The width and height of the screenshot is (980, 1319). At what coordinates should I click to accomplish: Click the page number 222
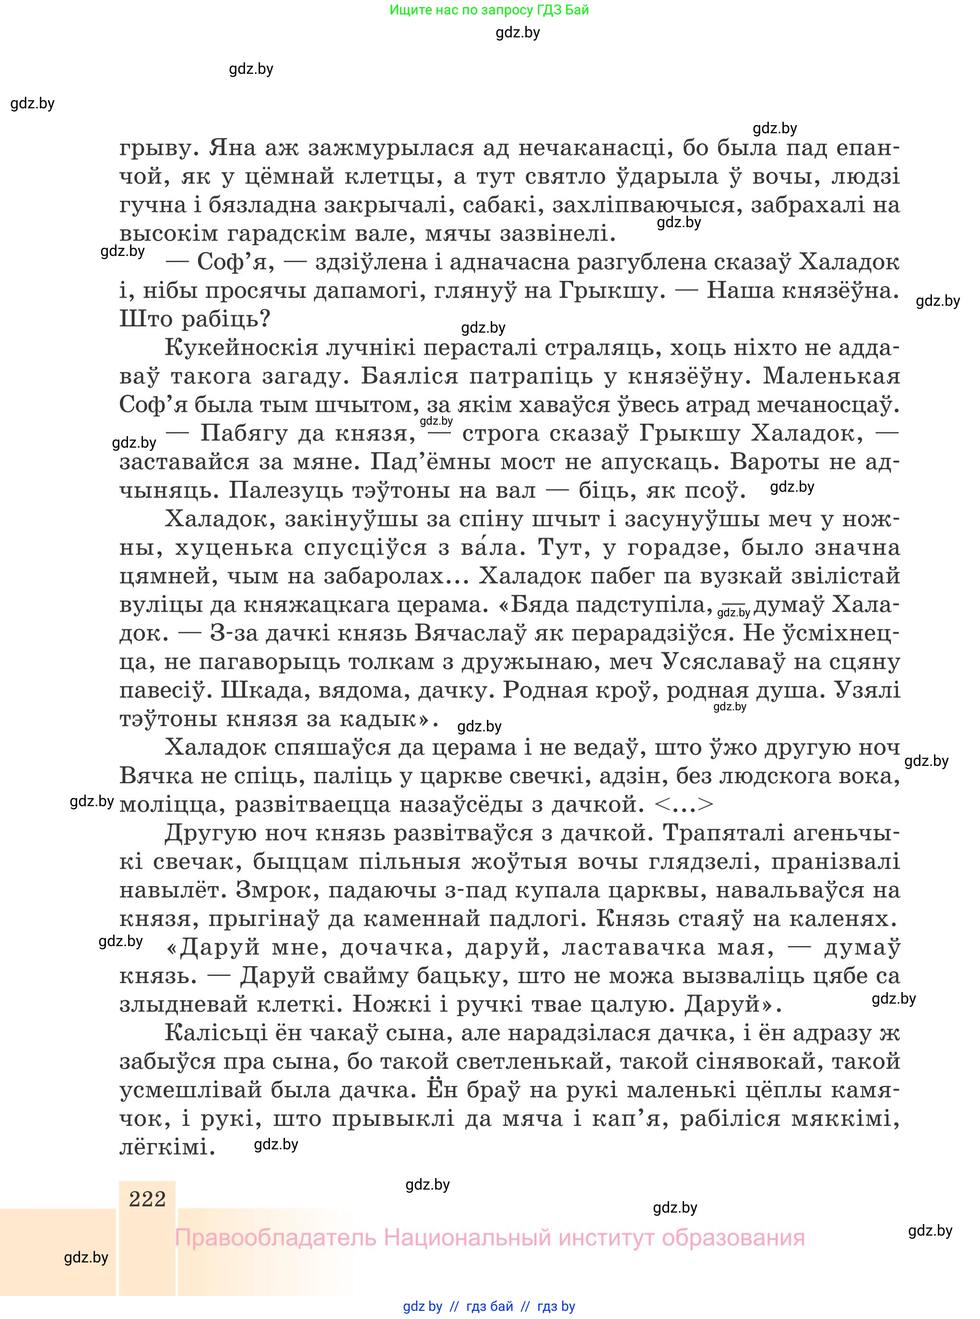[x=147, y=1199]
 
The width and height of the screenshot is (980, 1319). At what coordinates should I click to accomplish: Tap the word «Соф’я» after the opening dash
[x=234, y=262]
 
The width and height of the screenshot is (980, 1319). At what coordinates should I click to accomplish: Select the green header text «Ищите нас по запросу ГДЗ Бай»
[x=489, y=10]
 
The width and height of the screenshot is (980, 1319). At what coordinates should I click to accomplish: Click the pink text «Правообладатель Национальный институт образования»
[x=489, y=1238]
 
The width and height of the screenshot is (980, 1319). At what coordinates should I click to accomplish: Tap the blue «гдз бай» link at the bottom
[x=489, y=1306]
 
